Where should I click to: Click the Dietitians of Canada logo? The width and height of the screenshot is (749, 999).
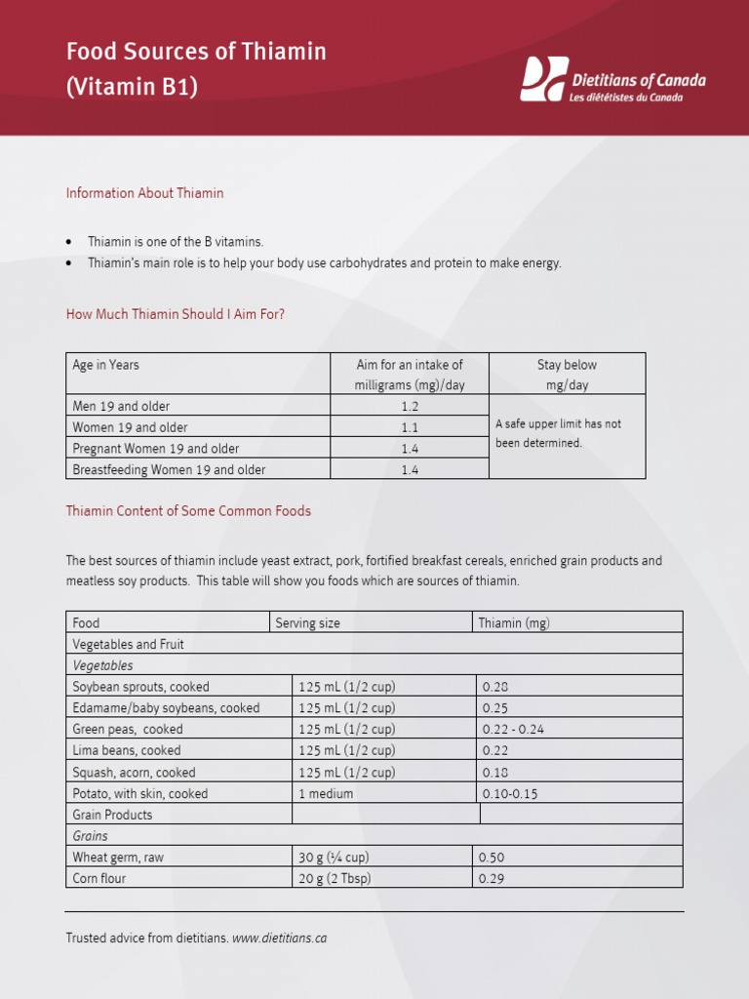pos(612,80)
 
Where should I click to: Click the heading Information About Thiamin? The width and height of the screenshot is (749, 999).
pos(144,193)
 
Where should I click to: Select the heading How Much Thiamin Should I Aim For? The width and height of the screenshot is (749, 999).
pos(176,314)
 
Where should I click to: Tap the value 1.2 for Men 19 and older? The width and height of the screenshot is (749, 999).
pos(410,406)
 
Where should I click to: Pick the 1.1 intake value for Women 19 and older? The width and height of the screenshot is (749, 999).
pos(410,427)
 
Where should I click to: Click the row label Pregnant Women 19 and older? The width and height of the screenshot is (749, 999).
pos(156,449)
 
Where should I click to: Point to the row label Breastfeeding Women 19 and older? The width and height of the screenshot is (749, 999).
pos(169,470)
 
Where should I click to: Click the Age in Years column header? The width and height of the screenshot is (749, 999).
pos(105,365)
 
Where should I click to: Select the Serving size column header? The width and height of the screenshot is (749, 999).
pos(307,622)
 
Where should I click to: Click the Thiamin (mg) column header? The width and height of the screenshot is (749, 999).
pos(514,622)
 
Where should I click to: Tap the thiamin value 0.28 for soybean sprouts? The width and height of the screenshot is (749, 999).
pos(495,687)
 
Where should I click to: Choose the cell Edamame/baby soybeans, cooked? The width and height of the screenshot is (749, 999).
pos(166,708)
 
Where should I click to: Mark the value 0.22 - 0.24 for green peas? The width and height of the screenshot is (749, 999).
pos(513,730)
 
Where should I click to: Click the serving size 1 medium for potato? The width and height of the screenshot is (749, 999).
pos(326,794)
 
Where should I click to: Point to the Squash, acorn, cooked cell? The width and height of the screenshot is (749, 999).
pos(134,773)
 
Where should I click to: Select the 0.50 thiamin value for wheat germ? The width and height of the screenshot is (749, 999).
pos(492,858)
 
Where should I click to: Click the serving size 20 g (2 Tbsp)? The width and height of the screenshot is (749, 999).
pos(335,879)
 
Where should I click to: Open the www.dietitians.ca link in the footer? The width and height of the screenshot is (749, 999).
pos(279,939)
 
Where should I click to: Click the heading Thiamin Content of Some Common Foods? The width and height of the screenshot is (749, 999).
pos(188,511)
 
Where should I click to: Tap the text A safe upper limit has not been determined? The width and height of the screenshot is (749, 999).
pos(558,433)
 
